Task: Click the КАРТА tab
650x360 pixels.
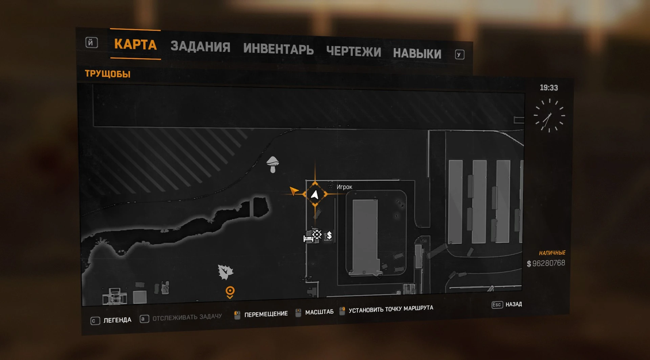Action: [135, 44]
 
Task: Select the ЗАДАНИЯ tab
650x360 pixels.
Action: [200, 47]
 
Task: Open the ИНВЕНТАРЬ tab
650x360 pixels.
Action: [278, 49]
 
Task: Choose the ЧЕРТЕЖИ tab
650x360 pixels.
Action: [353, 52]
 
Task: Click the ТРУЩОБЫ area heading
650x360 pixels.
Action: [108, 74]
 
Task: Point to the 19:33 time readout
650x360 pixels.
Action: [549, 88]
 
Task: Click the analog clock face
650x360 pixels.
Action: [549, 116]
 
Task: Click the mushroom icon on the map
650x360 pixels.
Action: [273, 164]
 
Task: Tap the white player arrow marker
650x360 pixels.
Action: [315, 194]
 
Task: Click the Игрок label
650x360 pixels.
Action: [344, 187]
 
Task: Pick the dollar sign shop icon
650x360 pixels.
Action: [329, 236]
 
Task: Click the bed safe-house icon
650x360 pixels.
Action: [308, 238]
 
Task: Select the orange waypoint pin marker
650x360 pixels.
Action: [230, 292]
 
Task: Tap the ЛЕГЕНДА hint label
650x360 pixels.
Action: [117, 320]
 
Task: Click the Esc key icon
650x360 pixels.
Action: [496, 305]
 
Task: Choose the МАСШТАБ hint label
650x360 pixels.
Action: [319, 312]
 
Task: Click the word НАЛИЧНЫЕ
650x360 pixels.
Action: [552, 253]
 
